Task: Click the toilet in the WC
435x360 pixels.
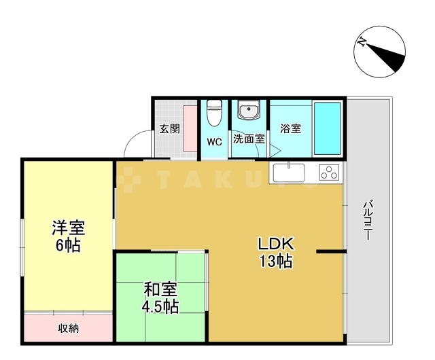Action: [215, 113]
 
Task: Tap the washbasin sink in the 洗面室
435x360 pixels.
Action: [249, 109]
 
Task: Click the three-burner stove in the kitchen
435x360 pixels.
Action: [329, 172]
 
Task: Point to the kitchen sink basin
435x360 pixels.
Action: [289, 173]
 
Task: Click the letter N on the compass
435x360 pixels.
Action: [362, 41]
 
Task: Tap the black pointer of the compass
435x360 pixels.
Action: [385, 57]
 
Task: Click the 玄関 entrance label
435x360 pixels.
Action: [169, 128]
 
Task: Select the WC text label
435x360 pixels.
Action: [215, 142]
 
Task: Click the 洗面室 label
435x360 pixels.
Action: [249, 139]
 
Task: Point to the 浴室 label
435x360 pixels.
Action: [290, 128]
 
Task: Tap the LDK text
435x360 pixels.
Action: [276, 244]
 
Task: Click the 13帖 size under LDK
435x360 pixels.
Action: [276, 262]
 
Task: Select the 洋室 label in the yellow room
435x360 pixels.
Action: [68, 228]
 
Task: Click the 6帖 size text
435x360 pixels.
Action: [68, 245]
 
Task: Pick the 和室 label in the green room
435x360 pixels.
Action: [160, 289]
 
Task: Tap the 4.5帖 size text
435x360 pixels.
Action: [160, 306]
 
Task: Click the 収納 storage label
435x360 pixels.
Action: [68, 329]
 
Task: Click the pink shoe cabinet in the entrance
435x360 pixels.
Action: [190, 128]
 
